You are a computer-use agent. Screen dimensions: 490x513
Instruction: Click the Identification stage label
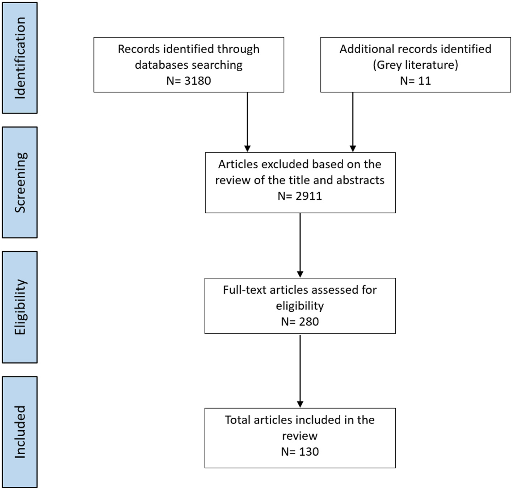coord(20,58)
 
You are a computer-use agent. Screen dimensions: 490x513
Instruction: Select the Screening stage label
coord(20,182)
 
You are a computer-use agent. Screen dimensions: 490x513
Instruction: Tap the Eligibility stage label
coord(20,307)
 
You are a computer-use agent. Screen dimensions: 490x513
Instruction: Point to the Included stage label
coord(20,432)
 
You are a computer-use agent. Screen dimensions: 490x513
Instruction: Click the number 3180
coord(197,81)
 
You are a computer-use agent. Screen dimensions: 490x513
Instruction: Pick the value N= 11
coord(415,81)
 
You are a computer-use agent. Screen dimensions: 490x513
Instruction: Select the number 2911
coord(308,196)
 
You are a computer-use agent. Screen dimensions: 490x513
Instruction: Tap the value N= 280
coord(300,321)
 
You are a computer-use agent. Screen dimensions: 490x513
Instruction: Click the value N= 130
coord(300,452)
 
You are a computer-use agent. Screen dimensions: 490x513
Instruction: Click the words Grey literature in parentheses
coord(415,65)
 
